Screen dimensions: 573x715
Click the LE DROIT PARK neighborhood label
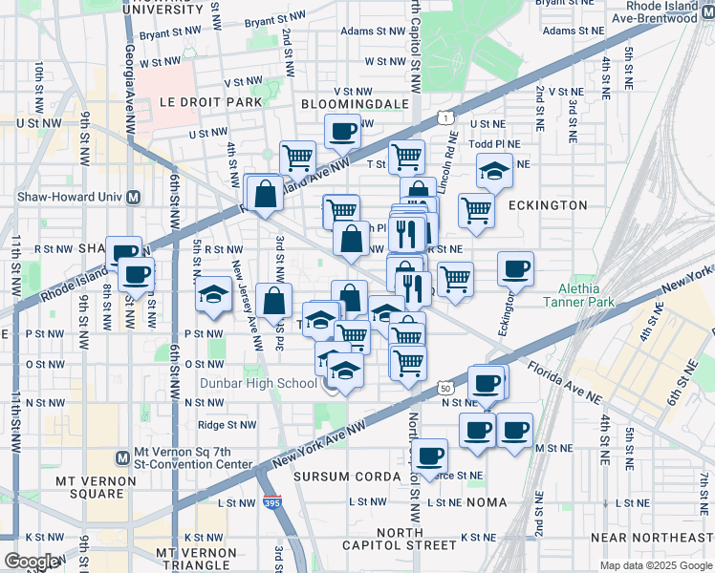(197, 101)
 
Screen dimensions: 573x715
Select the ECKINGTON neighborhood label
(548, 205)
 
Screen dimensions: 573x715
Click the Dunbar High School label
(258, 384)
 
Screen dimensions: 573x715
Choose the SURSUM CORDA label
(346, 477)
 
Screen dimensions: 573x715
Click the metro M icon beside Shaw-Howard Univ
(134, 198)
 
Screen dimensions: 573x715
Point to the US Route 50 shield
(445, 388)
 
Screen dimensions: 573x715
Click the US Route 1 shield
(444, 117)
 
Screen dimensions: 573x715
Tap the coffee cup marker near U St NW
(342, 131)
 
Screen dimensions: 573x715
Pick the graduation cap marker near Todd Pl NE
(493, 172)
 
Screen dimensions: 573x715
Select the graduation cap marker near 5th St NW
(213, 294)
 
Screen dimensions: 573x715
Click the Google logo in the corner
(31, 562)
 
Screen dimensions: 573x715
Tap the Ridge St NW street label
(227, 426)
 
